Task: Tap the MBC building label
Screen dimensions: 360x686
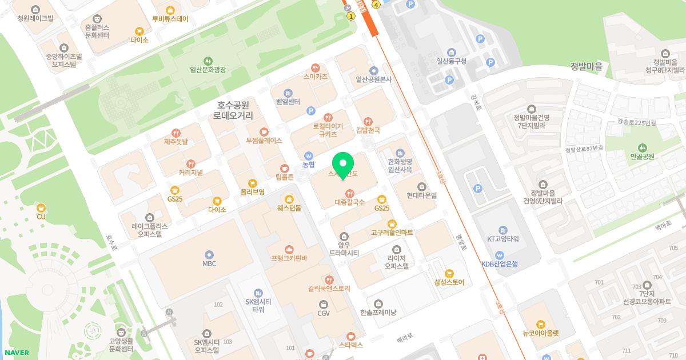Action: (x=209, y=263)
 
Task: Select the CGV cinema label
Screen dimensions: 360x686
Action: (x=324, y=313)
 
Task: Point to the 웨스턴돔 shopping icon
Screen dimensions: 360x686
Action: (x=289, y=199)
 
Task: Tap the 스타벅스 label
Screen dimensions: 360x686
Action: (x=351, y=345)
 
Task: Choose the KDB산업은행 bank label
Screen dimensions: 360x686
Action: (x=499, y=264)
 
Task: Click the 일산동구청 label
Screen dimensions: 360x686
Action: (x=452, y=61)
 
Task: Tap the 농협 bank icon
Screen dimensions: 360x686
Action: (x=309, y=155)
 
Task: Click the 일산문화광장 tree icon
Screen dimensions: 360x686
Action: (x=208, y=60)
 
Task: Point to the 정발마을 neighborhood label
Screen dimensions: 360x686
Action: (x=586, y=66)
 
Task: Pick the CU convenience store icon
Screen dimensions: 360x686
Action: (x=41, y=207)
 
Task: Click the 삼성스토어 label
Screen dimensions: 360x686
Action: (x=449, y=282)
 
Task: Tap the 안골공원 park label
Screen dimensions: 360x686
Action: (x=642, y=157)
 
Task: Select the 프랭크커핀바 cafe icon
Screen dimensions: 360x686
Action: (x=289, y=250)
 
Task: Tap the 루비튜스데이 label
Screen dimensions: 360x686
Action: (x=170, y=18)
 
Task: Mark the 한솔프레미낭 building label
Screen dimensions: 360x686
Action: (x=378, y=313)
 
